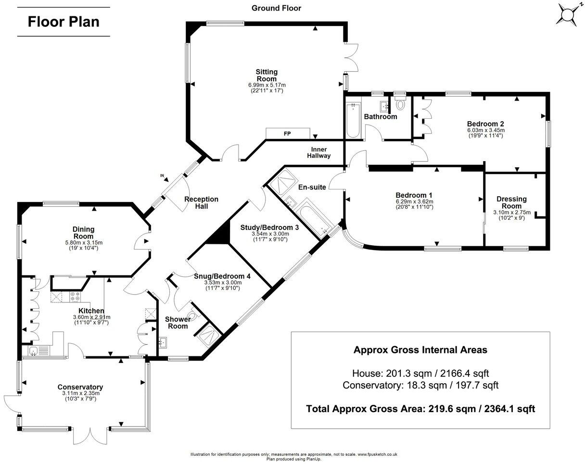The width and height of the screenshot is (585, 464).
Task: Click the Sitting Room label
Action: [x=266, y=75]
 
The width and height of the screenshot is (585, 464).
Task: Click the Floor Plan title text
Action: [x=64, y=22]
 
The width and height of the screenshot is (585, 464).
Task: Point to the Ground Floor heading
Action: [x=277, y=8]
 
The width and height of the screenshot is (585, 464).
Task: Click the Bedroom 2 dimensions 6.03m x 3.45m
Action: [x=485, y=130]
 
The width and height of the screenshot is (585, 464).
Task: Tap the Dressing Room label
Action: [x=511, y=202]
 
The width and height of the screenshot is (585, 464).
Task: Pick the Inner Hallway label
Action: [x=319, y=152]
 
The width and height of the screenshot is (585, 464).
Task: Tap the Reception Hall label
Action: [x=201, y=202]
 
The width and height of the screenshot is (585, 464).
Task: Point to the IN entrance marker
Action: [x=162, y=176]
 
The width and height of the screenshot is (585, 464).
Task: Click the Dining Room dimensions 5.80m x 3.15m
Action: [x=83, y=243]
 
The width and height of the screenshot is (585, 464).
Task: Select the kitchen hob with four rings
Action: [x=76, y=297]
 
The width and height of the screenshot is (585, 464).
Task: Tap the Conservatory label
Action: [x=80, y=387]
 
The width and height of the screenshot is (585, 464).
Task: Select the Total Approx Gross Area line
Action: [x=420, y=409]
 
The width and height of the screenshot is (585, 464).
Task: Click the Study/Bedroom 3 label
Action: [x=269, y=227]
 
